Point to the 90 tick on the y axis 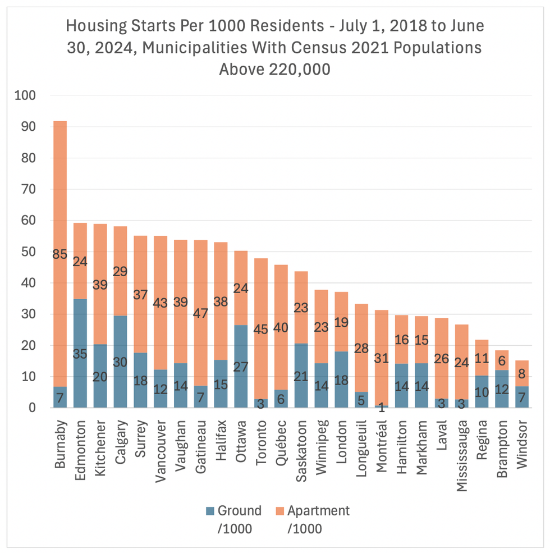[28, 127]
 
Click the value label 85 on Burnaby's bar [60, 254]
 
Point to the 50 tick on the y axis [28, 252]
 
